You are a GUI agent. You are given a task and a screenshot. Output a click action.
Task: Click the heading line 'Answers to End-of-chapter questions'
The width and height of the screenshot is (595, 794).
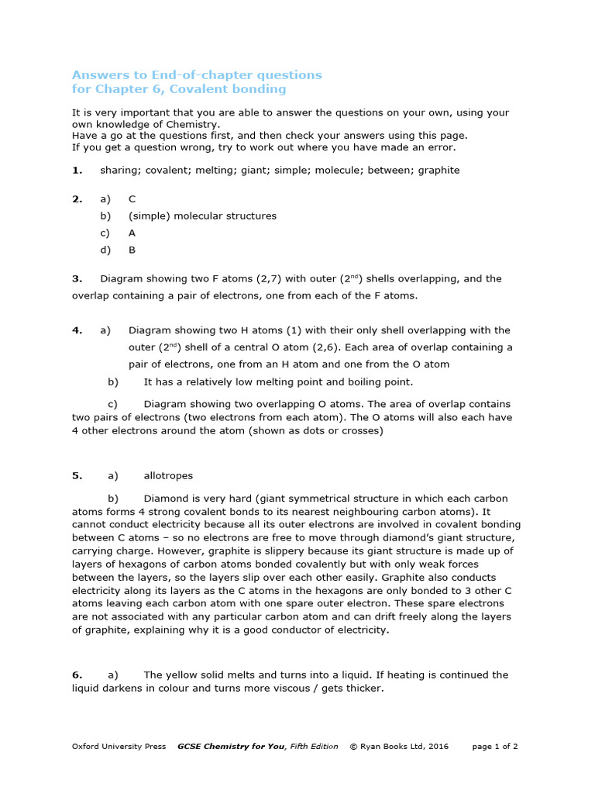(x=197, y=75)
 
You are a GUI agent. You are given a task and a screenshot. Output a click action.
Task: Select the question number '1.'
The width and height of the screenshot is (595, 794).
(x=77, y=170)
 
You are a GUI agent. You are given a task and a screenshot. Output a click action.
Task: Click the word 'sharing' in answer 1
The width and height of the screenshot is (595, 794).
(x=118, y=170)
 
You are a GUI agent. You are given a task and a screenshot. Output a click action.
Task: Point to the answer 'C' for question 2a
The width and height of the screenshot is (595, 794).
(x=132, y=198)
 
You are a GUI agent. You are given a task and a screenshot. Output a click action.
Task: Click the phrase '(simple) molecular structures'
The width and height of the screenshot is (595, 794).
(x=202, y=216)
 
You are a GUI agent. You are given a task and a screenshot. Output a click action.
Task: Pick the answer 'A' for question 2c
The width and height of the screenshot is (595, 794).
(x=132, y=233)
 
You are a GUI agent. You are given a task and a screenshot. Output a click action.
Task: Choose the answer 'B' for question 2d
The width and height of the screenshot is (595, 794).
(x=132, y=250)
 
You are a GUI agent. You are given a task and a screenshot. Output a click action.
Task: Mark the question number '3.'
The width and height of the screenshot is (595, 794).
(x=77, y=278)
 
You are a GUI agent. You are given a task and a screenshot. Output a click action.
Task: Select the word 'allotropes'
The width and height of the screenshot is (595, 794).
(x=168, y=475)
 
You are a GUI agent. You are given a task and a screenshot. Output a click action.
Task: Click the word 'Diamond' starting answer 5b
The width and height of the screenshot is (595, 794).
(x=165, y=498)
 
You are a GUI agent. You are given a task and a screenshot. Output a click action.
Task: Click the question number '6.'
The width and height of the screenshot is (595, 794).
(x=77, y=675)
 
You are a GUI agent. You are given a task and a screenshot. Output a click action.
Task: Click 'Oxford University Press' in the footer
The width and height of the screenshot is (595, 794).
(x=119, y=747)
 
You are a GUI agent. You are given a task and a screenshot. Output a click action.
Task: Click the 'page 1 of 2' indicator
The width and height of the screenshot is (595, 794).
(x=494, y=747)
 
